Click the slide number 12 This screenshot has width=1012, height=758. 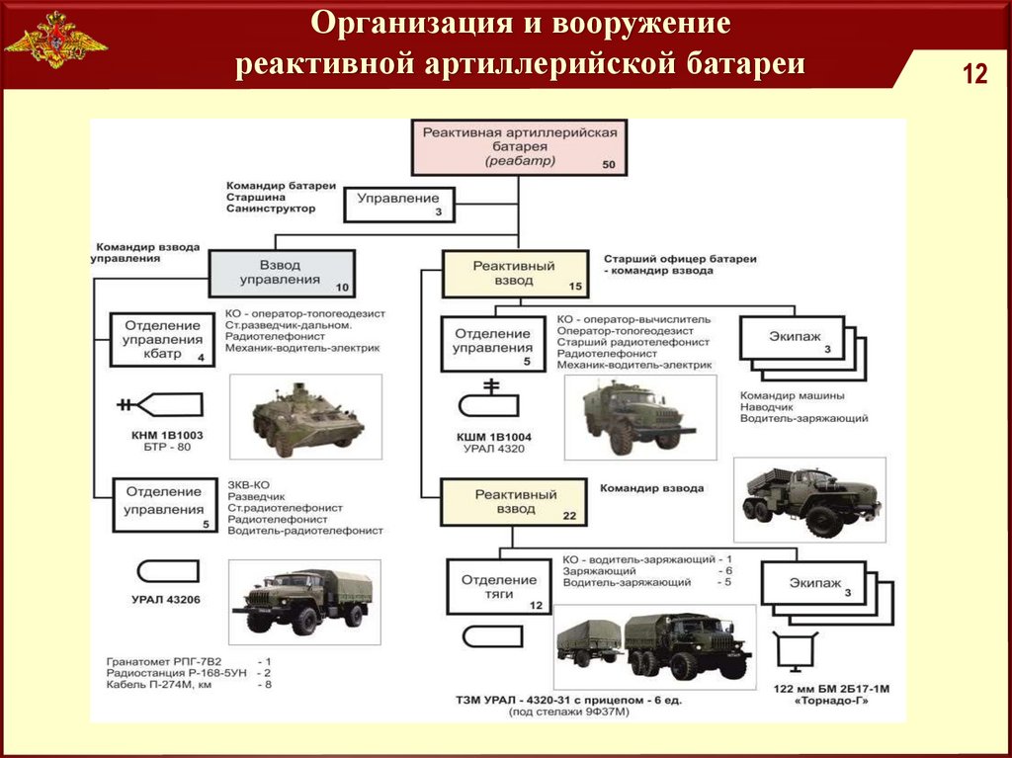click(974, 74)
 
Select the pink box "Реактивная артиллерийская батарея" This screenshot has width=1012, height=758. click(520, 146)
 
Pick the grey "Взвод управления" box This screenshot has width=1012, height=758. click(281, 273)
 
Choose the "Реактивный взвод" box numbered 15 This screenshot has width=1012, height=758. click(515, 273)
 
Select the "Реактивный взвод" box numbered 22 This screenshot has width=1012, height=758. click(514, 502)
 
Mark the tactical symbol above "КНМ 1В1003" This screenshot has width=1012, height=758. click(160, 403)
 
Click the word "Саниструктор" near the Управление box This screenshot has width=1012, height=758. click(271, 209)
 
